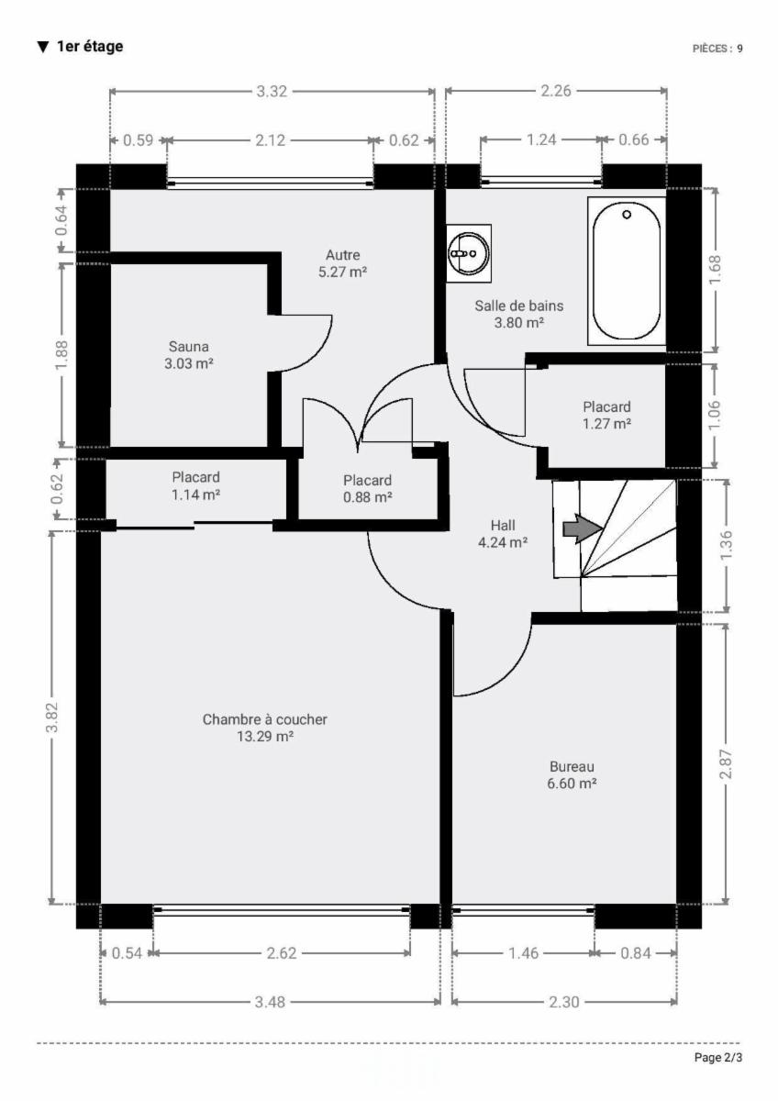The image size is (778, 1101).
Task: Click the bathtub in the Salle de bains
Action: coord(627,271)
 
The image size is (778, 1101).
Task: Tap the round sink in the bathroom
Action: coord(469,253)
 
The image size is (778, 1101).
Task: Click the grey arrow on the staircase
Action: coord(583,528)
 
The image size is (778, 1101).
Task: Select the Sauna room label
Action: coord(189,355)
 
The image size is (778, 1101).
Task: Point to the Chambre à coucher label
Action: coord(265,728)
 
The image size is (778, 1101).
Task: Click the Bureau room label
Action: coord(572,774)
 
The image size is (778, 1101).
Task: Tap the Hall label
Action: coord(503,534)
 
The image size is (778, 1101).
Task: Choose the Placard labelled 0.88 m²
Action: coord(368,488)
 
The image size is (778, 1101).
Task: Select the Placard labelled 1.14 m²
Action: coord(195,485)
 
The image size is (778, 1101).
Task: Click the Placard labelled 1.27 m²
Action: coord(607,416)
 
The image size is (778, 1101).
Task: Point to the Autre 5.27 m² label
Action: coord(342,263)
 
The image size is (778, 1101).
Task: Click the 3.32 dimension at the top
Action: coord(272,92)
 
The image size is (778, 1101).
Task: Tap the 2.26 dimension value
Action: coord(556,91)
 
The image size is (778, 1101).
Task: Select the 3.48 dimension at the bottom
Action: coord(270,1002)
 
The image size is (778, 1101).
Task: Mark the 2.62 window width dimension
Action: coord(282,953)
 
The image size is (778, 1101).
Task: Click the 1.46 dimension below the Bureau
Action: coord(523,953)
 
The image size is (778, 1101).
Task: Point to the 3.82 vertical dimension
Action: coord(52,717)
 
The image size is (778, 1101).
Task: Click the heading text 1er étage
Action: coord(90,47)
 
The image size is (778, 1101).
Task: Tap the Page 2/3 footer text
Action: coord(718,1057)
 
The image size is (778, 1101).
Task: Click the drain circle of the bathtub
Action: coord(627,215)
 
